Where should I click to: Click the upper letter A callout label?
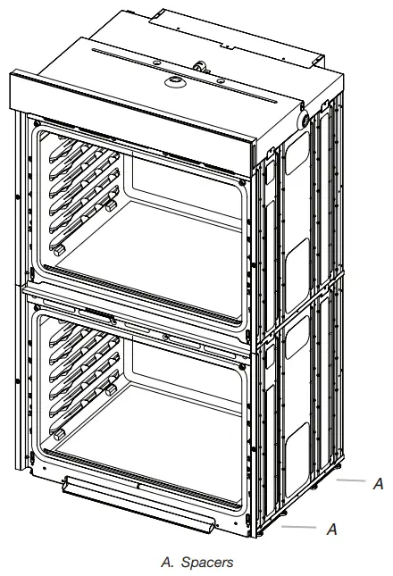click(379, 483)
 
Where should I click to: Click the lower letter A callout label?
click(331, 529)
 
